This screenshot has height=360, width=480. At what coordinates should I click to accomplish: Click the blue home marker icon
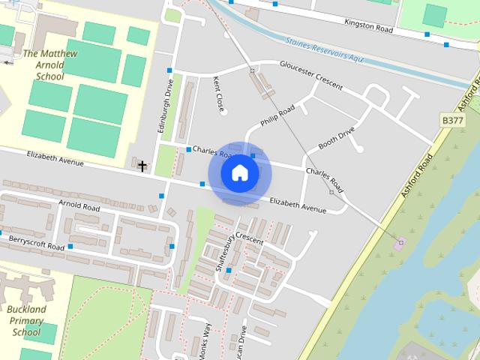pyautogui.click(x=239, y=172)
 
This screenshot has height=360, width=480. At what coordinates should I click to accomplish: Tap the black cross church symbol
pyautogui.click(x=142, y=166)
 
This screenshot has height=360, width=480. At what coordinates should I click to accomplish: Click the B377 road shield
pyautogui.click(x=451, y=120)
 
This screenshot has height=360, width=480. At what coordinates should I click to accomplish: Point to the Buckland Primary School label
pyautogui.click(x=27, y=320)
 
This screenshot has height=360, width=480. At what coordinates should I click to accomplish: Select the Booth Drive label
pyautogui.click(x=335, y=136)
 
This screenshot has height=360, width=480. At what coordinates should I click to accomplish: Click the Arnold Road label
pyautogui.click(x=79, y=206)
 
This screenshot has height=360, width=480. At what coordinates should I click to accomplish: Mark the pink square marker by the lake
pyautogui.click(x=400, y=241)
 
